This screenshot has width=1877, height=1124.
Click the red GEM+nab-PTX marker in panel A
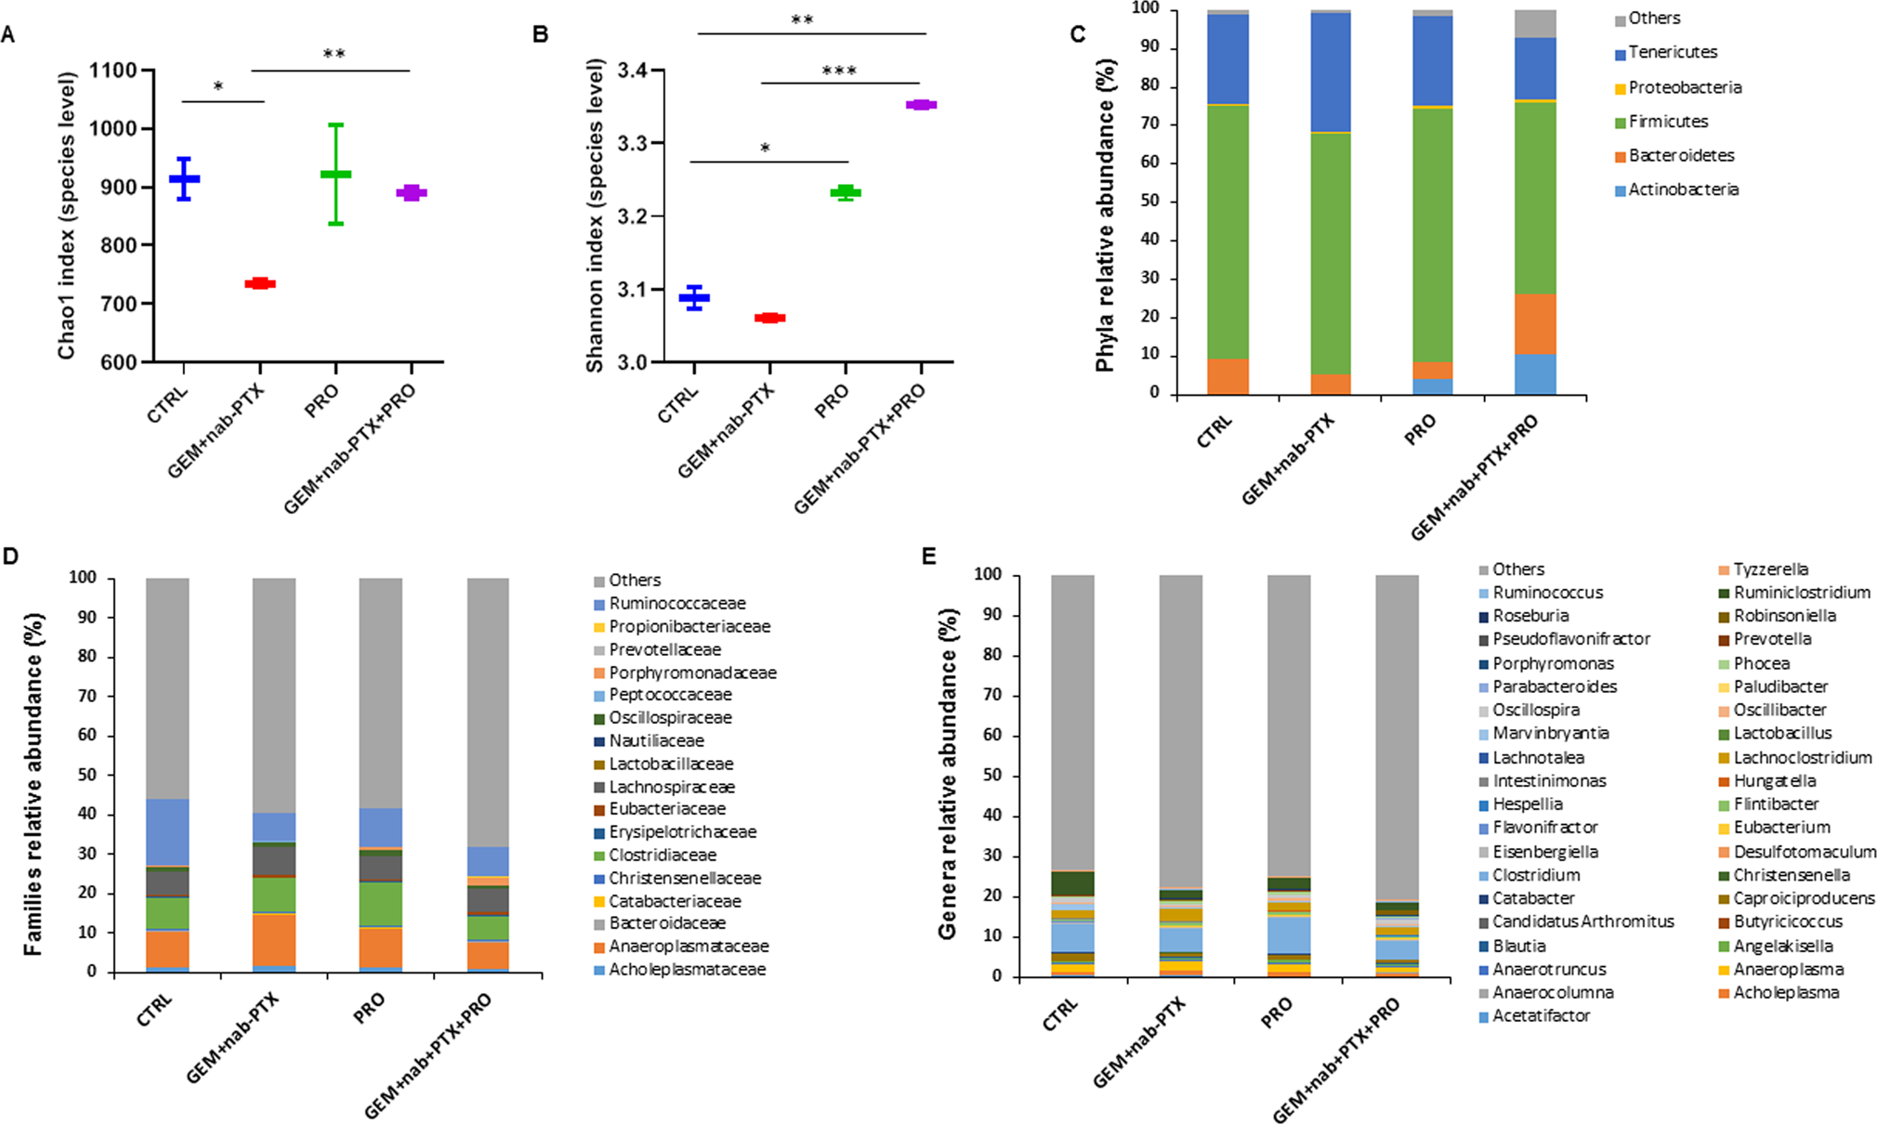[259, 283]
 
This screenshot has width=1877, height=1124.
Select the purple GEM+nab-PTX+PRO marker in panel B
[921, 105]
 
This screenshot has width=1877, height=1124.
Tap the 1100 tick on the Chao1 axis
[113, 71]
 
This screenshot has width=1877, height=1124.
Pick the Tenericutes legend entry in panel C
[1672, 53]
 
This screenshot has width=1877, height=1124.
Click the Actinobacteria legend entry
[1683, 190]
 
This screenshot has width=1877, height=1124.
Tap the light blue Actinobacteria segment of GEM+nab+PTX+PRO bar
[1535, 374]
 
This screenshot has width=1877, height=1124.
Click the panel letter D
[11, 557]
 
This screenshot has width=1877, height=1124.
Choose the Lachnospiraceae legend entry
[671, 787]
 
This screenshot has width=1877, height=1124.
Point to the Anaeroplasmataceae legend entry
[688, 947]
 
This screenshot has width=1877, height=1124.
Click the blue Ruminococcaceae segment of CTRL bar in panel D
[167, 831]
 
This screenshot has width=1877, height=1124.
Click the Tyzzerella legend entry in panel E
[1770, 569]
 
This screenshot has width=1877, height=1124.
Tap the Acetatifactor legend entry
[1541, 1016]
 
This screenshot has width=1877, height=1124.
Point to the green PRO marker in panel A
[335, 175]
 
